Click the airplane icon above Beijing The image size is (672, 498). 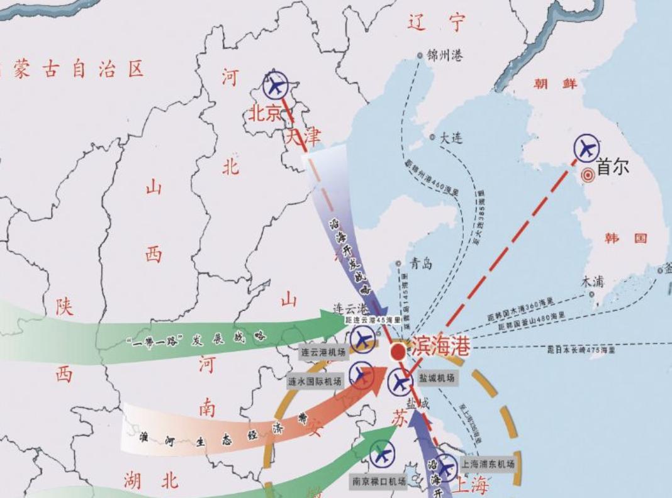point(275,84)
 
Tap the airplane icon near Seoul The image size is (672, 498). point(587,148)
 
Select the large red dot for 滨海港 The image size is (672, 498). point(398,351)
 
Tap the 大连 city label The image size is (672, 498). point(451,137)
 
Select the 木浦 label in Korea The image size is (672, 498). point(592,281)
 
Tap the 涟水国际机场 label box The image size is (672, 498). point(315,381)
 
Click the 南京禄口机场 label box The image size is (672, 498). point(379,481)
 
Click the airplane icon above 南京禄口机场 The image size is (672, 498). point(381,453)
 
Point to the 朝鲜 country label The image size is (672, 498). point(553,84)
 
